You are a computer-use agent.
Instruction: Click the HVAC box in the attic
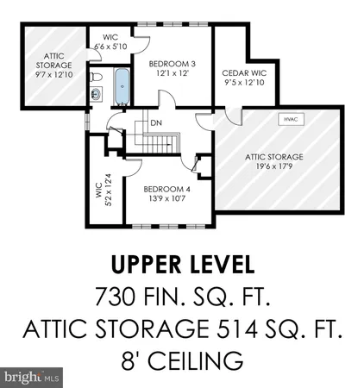[286, 120]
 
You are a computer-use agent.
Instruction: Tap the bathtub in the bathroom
[120, 88]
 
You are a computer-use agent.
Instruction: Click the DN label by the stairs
[156, 122]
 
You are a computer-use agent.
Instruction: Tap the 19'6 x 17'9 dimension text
[273, 166]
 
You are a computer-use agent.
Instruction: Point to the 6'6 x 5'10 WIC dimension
[109, 46]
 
